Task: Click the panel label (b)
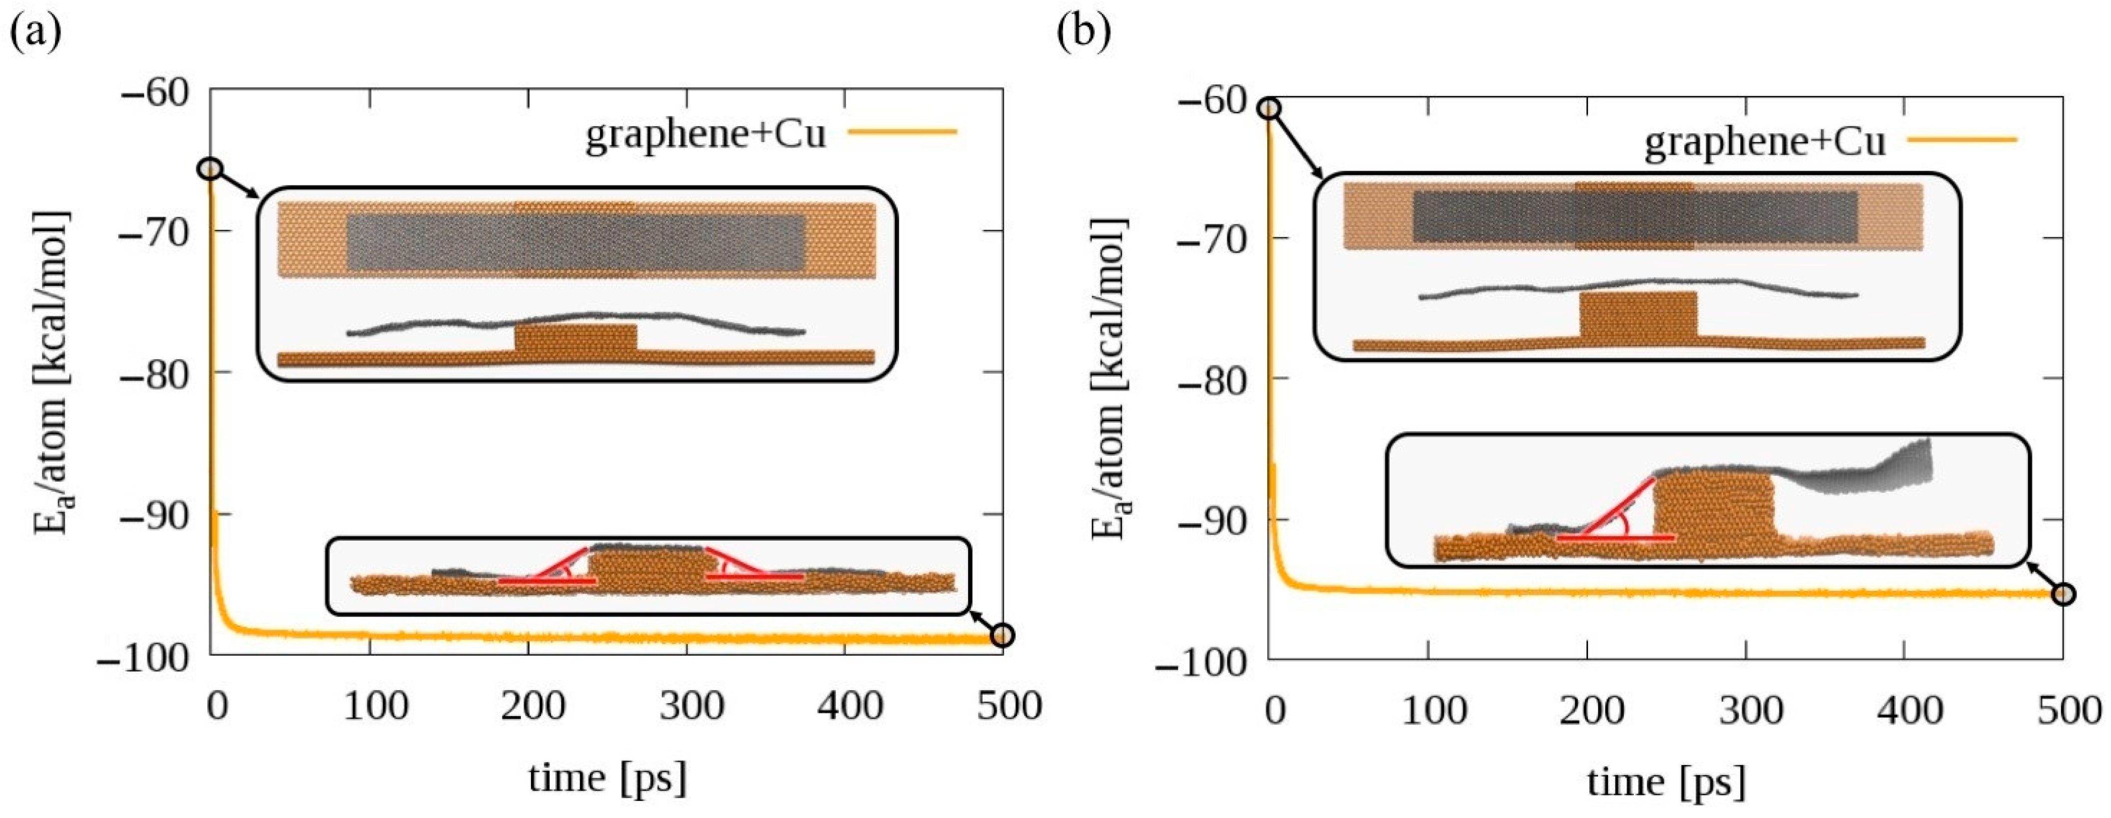(1083, 34)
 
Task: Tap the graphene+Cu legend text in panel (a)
(705, 133)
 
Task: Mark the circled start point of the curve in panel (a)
(211, 169)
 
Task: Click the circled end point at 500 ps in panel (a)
(1002, 635)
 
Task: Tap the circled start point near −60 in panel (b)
(1269, 108)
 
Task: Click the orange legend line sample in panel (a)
(902, 131)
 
